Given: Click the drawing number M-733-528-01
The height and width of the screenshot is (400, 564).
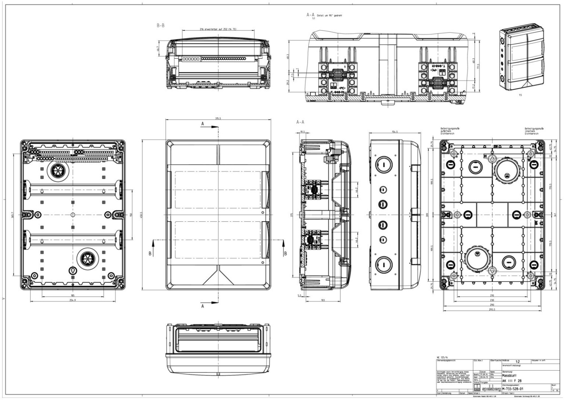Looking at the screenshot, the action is tap(512, 389).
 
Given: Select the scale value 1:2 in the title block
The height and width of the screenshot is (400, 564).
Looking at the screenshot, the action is tap(517, 361).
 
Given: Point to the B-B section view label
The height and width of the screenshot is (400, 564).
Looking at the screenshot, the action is tap(160, 26).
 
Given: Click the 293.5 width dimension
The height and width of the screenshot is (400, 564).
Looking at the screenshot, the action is tap(492, 309).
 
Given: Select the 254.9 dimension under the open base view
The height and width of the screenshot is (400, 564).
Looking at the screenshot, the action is tap(72, 300).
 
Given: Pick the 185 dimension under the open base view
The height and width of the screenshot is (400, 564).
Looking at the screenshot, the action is tap(73, 295).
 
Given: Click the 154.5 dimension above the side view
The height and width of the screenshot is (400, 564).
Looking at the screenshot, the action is tap(394, 132).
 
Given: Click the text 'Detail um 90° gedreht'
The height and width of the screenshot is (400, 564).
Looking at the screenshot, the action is tap(329, 15).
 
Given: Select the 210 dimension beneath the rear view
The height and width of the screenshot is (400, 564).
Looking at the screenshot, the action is tap(492, 295).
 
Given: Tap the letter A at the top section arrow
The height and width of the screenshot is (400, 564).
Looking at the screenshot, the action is tap(203, 123).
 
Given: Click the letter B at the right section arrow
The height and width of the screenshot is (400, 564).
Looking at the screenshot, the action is tap(285, 253).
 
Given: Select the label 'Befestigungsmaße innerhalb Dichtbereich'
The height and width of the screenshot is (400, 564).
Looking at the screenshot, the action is tap(534, 131).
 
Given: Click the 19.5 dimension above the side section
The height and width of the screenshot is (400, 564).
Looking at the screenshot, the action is tap(303, 132).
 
